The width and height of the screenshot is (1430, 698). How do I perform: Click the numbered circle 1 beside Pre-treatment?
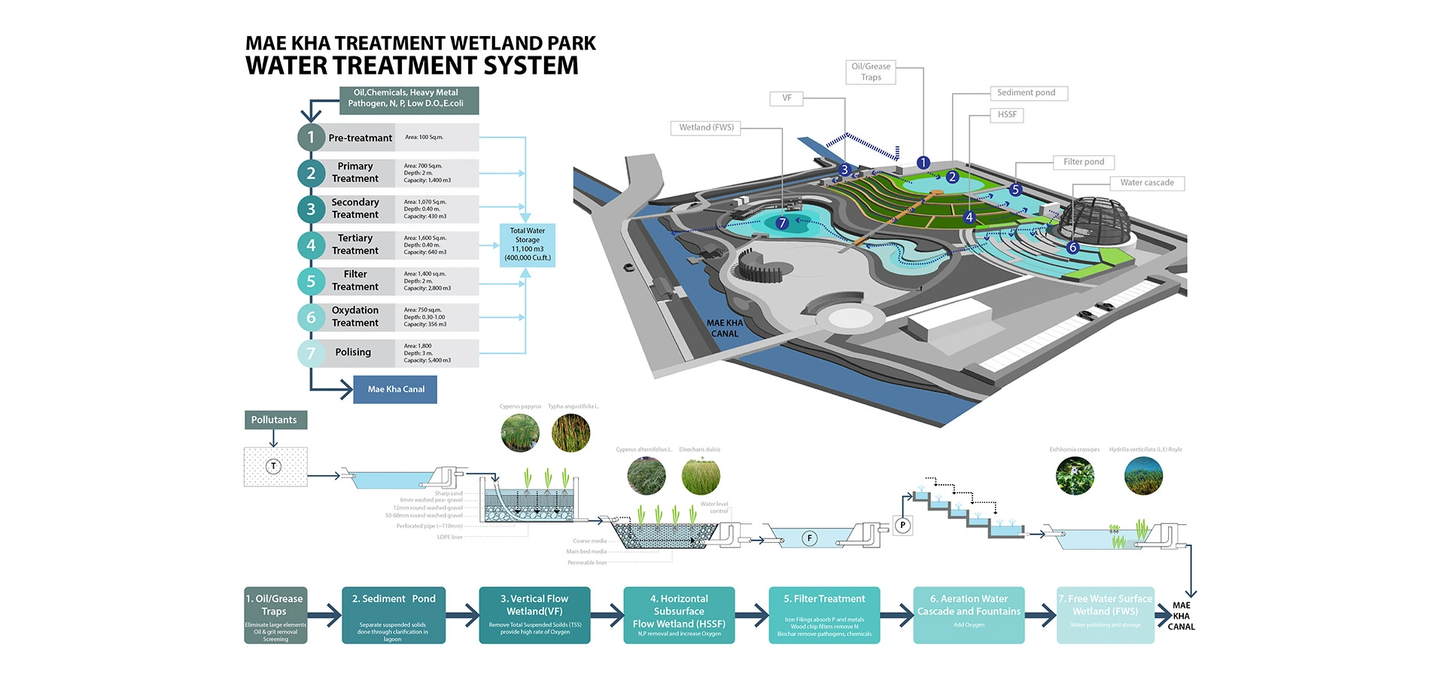tap(311, 137)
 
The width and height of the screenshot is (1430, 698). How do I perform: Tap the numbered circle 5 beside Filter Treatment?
tap(311, 281)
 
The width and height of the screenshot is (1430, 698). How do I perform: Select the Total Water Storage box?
tap(528, 245)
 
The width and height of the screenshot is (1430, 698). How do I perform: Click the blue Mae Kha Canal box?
tap(395, 389)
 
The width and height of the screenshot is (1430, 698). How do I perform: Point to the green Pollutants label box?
tap(275, 420)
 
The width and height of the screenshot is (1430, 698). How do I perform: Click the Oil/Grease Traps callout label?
tap(871, 72)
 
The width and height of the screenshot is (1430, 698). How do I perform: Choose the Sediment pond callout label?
tap(1027, 93)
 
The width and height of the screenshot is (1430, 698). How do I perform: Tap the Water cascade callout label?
tap(1147, 183)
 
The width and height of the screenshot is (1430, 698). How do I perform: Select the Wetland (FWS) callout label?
tap(706, 127)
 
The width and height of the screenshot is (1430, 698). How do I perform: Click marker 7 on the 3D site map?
tap(782, 223)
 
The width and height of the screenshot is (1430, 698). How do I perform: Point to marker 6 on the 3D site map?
tap(1073, 248)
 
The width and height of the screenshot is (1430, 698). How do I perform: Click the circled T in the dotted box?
tap(274, 467)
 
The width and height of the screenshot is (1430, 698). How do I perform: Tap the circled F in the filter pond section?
tap(810, 538)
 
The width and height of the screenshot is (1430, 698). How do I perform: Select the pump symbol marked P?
tap(902, 525)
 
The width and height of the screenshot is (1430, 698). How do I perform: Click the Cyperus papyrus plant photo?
tap(520, 433)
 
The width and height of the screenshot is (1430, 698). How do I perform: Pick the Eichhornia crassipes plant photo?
tap(1075, 476)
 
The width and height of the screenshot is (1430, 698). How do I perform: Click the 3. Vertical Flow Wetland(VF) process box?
tap(534, 615)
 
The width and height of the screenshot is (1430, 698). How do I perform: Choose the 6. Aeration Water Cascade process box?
tap(969, 615)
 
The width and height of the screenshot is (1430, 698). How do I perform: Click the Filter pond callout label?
tap(1084, 162)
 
